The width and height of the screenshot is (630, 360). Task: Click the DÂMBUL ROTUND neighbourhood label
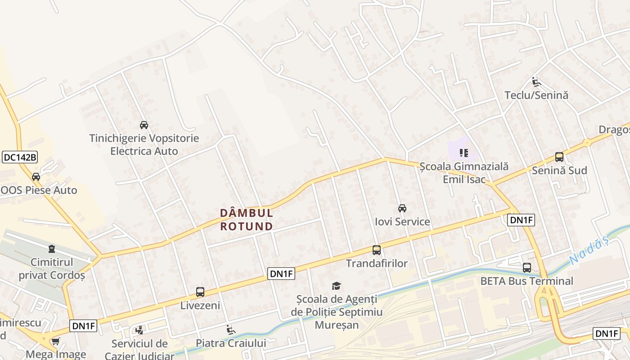[247, 219]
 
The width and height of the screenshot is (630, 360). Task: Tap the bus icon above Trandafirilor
[377, 250]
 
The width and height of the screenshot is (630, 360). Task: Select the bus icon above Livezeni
[200, 292]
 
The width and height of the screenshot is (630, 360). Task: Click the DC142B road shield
[20, 157]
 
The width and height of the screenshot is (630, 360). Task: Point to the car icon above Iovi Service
[402, 208]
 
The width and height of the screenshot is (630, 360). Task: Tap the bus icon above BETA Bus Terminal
[527, 268]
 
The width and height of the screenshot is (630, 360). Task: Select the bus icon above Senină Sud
[559, 157]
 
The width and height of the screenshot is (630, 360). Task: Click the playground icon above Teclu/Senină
[536, 82]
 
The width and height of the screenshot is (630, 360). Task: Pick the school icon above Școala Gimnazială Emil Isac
[464, 153]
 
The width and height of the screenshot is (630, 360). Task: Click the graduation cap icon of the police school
[336, 286]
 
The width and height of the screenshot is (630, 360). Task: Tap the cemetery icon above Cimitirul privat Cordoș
[52, 249]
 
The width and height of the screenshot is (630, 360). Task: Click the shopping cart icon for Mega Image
[55, 342]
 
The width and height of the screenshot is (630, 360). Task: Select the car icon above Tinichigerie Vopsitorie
[144, 125]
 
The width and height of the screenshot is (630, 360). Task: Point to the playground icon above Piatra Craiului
[231, 330]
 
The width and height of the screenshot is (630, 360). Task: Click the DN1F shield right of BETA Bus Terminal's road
[521, 220]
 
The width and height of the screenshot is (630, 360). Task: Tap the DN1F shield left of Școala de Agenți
[281, 273]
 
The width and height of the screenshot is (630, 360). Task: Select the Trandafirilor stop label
[377, 264]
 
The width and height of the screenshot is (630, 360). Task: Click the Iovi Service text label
[402, 222]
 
